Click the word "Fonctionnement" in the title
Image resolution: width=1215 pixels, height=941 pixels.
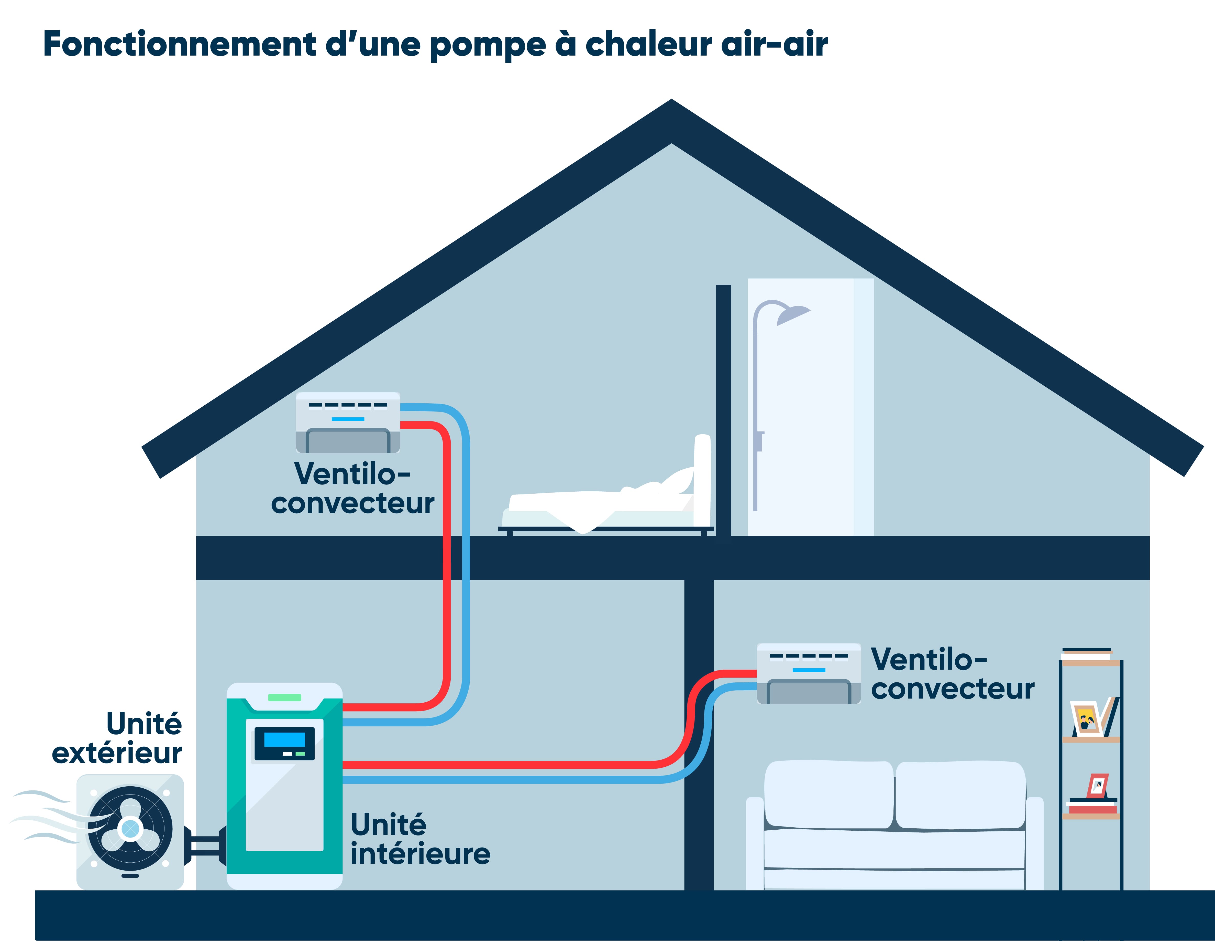point(179,45)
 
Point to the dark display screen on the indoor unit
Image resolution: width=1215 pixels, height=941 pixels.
point(284,743)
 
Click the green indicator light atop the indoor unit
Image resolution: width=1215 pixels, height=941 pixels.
point(284,697)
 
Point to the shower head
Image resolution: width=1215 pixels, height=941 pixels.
point(793,315)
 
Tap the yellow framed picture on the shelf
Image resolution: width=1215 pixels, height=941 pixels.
point(1086,720)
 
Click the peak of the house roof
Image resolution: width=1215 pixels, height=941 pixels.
point(671,106)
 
